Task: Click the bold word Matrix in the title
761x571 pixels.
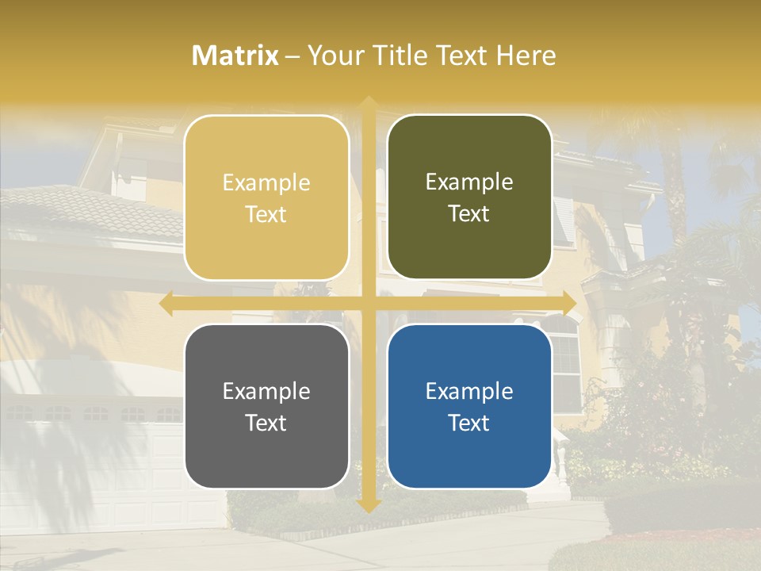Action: click(235, 56)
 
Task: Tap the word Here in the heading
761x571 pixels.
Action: click(526, 56)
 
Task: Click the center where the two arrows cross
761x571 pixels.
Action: click(368, 304)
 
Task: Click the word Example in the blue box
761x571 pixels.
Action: click(469, 391)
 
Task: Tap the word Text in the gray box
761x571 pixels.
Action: click(266, 423)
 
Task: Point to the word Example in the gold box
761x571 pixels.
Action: click(266, 182)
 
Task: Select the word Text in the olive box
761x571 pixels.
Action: click(469, 213)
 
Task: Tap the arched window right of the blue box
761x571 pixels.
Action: click(565, 357)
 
